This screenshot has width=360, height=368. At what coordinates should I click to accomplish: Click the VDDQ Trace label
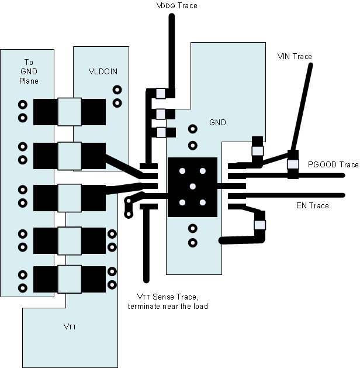[x=176, y=6]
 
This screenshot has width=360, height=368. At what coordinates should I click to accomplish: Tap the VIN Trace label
[x=294, y=56]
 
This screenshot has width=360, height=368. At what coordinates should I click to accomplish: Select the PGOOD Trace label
[x=333, y=165]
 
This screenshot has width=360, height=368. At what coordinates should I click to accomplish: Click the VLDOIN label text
[x=103, y=72]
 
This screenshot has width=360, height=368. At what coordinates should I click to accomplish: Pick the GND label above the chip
[x=217, y=123]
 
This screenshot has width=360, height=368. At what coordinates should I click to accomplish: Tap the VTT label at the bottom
[x=70, y=326]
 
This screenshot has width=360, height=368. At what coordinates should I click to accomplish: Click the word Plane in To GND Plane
[x=29, y=81]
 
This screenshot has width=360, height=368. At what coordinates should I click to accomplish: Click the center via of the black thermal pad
[x=192, y=186]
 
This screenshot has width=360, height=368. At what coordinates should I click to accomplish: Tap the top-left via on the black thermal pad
[x=182, y=171]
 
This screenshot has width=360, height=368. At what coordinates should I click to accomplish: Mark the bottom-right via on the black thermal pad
[x=202, y=202]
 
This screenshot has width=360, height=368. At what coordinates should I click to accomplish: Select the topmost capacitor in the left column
[x=69, y=112]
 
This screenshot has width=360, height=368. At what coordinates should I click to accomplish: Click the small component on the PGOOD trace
[x=292, y=165]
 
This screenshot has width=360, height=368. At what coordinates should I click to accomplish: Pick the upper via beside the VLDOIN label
[x=117, y=90]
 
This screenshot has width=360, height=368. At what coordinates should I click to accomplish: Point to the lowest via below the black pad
[x=192, y=242]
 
